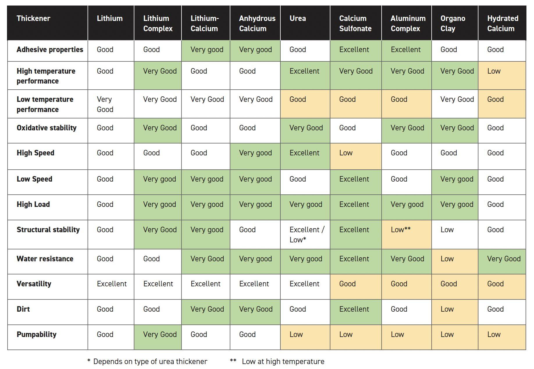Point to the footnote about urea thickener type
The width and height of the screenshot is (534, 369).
(x=147, y=361)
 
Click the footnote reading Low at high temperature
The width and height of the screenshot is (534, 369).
(x=277, y=361)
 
